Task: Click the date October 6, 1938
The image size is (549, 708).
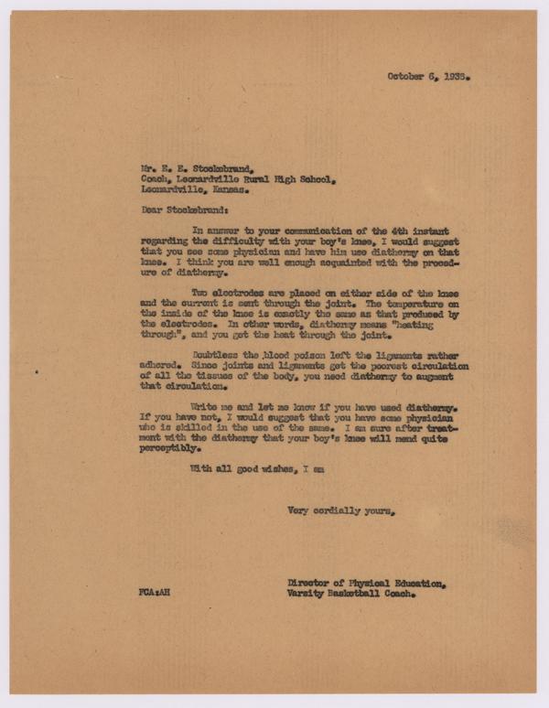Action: point(428,76)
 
